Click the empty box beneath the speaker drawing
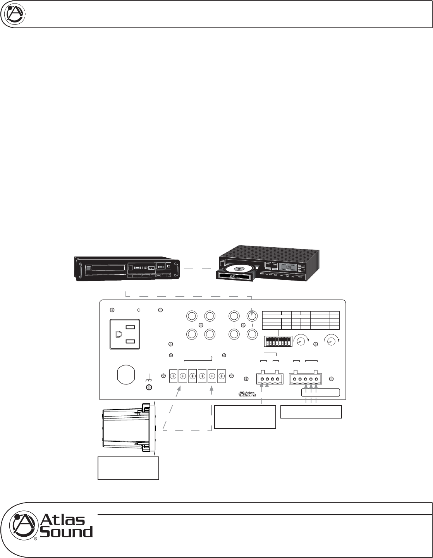tap(128, 468)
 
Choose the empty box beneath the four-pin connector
tap(245, 417)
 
